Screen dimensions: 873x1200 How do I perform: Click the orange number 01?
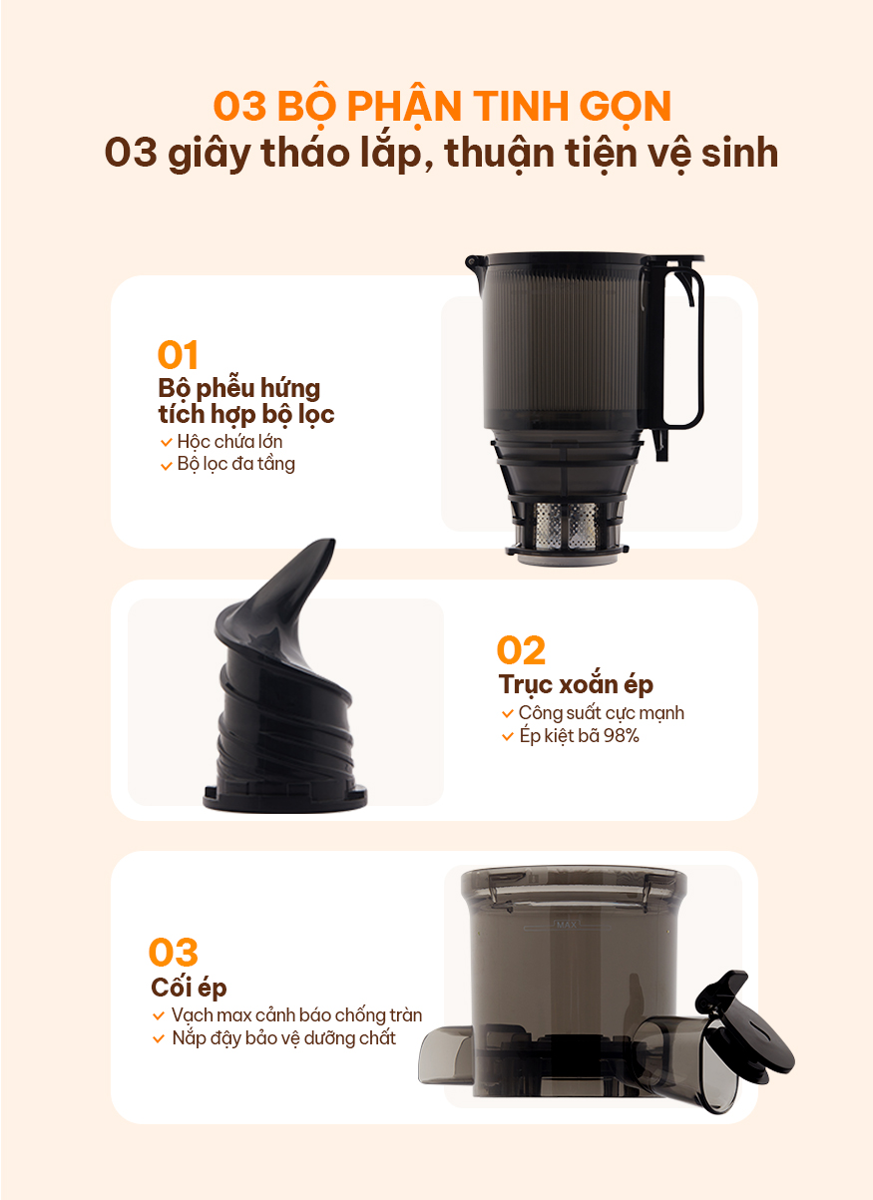178,355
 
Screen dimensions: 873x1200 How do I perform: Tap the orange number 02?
521,650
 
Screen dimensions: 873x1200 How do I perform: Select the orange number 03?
173,953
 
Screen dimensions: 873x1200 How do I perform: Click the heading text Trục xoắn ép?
576,685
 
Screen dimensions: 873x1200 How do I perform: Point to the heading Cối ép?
189,988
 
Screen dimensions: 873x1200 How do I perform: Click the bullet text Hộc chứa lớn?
229,442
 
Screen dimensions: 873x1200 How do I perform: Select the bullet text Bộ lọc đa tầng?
235,464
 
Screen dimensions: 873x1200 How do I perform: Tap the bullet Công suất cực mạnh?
601,713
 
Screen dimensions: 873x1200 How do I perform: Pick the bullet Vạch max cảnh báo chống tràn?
296,1015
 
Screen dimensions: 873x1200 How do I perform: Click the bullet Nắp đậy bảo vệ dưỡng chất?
283,1038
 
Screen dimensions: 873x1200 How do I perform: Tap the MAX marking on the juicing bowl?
566,925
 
